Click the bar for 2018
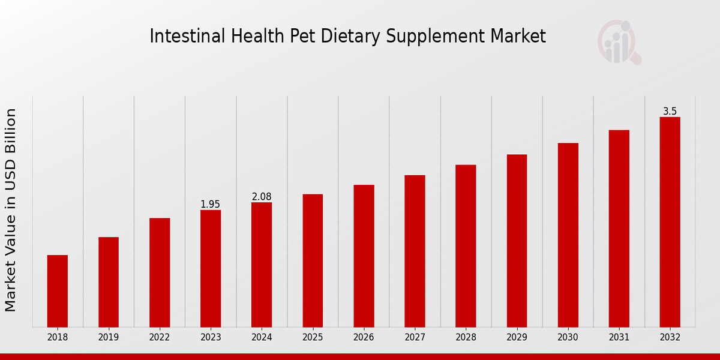click(58, 291)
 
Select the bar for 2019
click(109, 282)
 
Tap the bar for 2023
click(211, 268)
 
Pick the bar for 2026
click(364, 256)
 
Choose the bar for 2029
click(517, 241)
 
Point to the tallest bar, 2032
click(670, 222)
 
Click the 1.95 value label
click(211, 205)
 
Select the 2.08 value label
click(262, 197)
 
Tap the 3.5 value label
click(670, 112)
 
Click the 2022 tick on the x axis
click(160, 338)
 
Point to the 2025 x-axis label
click(313, 338)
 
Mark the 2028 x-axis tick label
click(466, 338)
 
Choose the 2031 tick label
click(619, 338)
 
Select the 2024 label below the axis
click(262, 338)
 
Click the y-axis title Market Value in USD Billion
click(11, 210)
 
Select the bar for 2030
click(568, 235)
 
